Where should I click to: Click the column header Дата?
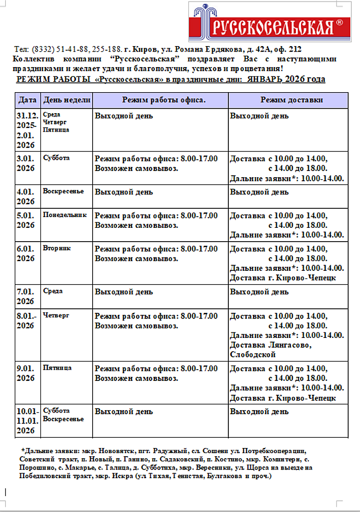[28, 100]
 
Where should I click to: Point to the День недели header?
[67, 100]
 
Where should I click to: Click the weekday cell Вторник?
[57, 248]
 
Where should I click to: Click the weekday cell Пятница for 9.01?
[57, 368]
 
